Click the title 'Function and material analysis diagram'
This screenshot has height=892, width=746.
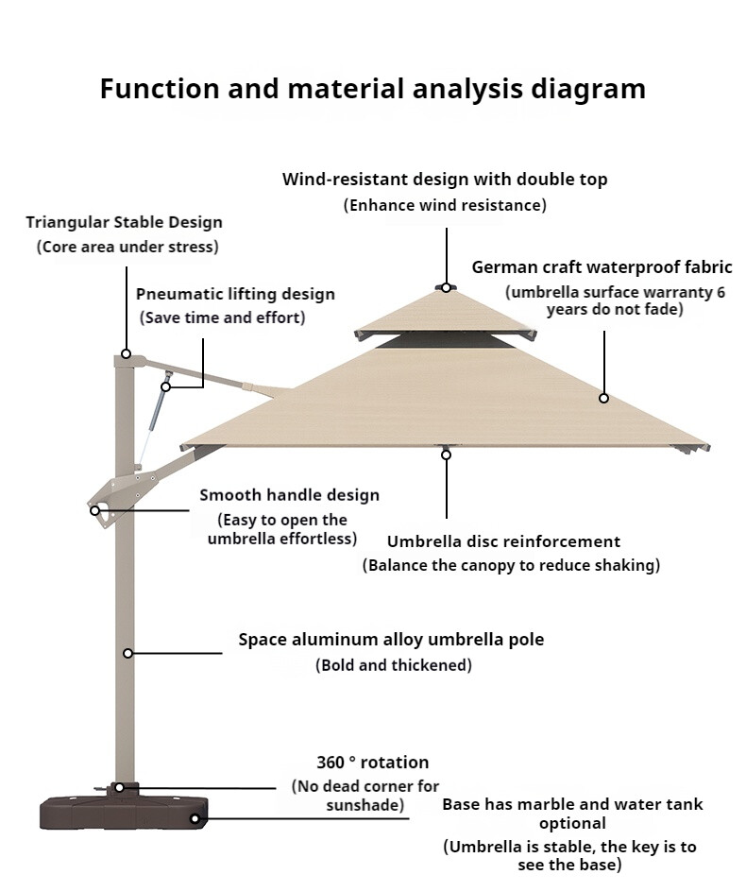(373, 89)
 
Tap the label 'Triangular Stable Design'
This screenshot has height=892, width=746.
(124, 223)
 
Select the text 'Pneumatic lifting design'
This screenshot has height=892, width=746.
(235, 295)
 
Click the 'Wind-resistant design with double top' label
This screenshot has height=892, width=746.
(445, 180)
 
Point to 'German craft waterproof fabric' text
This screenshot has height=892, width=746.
(602, 268)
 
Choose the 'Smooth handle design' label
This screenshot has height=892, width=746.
(289, 495)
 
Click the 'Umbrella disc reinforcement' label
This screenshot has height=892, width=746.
(503, 541)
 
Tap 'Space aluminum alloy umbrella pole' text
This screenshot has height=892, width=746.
(391, 640)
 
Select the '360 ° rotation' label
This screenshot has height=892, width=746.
(372, 763)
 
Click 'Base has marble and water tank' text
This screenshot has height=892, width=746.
(572, 805)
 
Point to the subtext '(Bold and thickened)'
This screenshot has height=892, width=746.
(393, 665)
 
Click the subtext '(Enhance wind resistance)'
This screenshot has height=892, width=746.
(444, 205)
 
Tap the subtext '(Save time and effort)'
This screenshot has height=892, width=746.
(222, 317)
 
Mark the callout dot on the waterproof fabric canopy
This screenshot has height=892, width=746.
(603, 398)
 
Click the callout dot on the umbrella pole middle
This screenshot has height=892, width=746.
(127, 653)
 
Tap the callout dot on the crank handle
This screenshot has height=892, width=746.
(94, 510)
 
